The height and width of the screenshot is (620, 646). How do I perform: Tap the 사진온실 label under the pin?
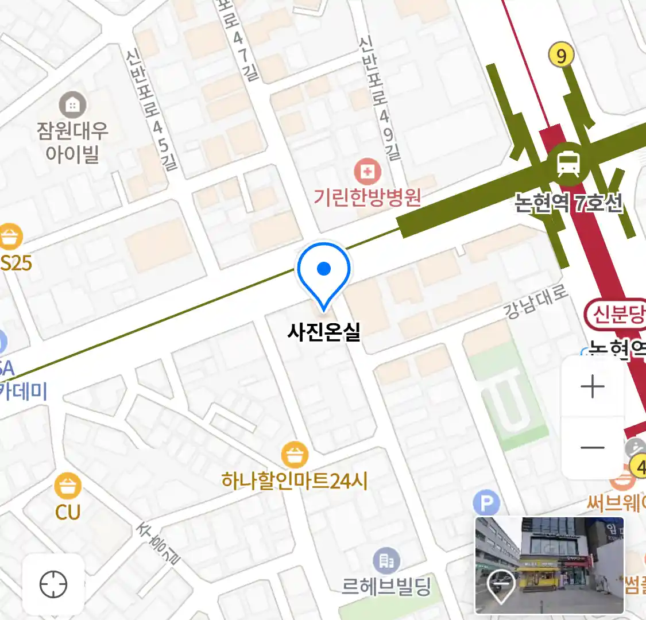[324, 331]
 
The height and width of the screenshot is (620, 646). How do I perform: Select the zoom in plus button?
[593, 387]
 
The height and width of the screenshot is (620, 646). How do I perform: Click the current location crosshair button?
[53, 585]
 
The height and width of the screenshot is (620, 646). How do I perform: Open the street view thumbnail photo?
[549, 565]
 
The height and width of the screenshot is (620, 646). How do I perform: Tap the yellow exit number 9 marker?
[561, 55]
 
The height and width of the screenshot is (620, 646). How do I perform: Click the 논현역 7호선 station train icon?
[568, 163]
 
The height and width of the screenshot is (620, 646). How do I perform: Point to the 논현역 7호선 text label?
[568, 203]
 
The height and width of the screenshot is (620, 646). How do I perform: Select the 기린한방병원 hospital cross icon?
[368, 171]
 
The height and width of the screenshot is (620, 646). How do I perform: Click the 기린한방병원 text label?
[368, 197]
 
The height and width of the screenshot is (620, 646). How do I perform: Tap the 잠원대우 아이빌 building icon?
[72, 105]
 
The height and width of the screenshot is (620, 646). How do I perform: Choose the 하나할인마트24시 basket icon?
[295, 456]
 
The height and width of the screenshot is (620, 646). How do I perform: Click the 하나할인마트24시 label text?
[295, 480]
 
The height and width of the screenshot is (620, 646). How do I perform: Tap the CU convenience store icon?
[68, 487]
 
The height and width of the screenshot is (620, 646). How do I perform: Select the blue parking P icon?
[486, 504]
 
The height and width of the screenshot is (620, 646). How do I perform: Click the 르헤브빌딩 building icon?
[386, 561]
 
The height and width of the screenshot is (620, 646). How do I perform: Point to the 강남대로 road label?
[535, 302]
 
